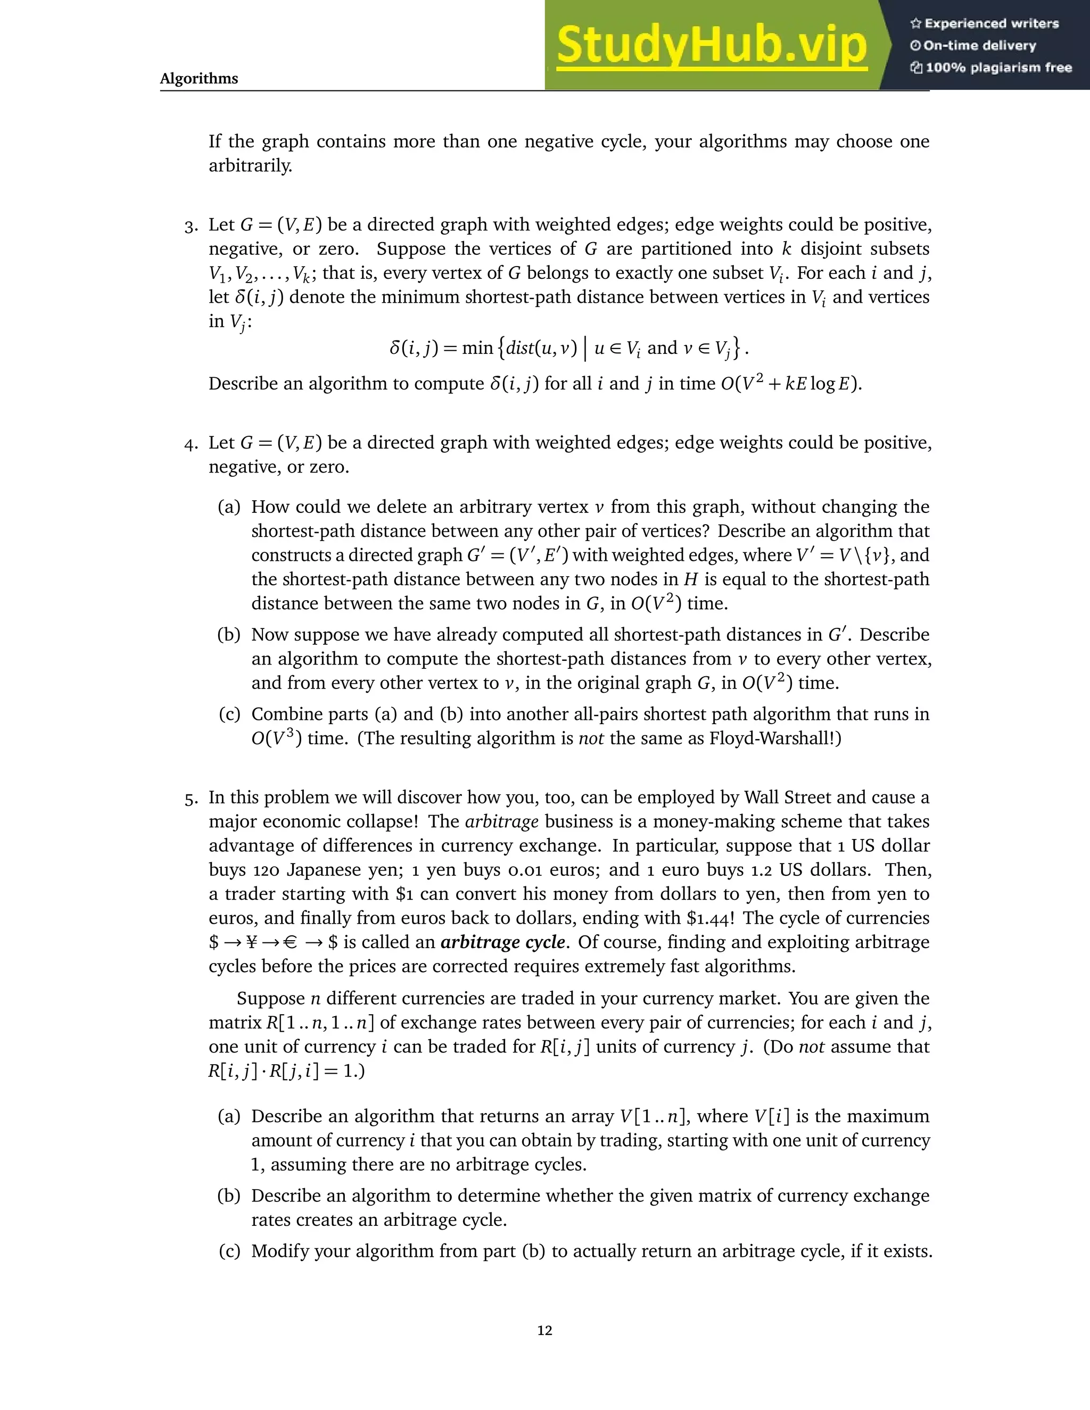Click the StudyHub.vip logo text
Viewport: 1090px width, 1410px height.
tap(711, 45)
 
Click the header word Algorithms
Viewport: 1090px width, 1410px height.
tap(199, 79)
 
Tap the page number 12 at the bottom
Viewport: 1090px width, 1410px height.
tap(544, 1330)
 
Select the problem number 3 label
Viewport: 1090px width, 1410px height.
tap(191, 227)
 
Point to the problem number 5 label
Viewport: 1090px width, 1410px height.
tap(191, 799)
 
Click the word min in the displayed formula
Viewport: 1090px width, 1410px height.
tap(477, 349)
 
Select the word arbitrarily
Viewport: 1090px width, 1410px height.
tap(251, 166)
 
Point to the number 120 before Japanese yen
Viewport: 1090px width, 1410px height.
tap(266, 870)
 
